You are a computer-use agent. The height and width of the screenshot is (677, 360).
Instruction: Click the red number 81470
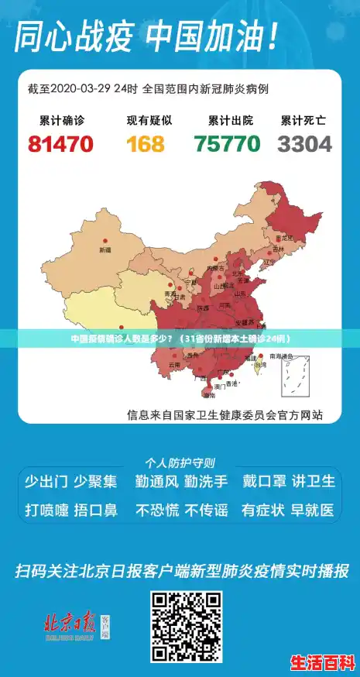[x=60, y=144]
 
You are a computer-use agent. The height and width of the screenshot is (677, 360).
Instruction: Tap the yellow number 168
[x=146, y=144]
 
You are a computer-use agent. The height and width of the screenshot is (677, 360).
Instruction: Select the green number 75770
[x=227, y=144]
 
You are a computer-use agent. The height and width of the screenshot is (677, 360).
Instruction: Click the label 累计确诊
[x=61, y=121]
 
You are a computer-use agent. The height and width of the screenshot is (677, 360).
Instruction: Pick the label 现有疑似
[x=149, y=121]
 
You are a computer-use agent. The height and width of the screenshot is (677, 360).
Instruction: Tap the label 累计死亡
[x=303, y=121]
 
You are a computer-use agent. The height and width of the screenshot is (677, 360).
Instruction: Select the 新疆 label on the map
[x=105, y=250]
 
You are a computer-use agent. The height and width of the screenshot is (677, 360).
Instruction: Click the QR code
[x=186, y=627]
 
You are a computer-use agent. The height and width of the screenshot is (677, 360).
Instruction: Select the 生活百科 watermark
[x=322, y=663]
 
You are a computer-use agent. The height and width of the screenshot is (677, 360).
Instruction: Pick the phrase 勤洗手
[x=206, y=481]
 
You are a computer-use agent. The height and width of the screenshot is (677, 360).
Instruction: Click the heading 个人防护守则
[x=180, y=462]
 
